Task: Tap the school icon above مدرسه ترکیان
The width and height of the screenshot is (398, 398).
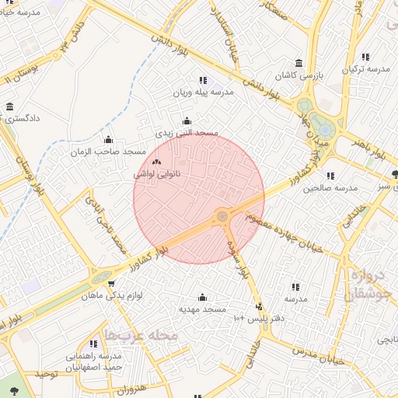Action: [x=365, y=57]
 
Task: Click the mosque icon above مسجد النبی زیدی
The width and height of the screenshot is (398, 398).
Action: [x=186, y=121]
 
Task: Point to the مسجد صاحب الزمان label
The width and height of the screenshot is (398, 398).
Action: [x=108, y=150]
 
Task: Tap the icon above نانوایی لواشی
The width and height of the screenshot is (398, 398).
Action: [x=157, y=163]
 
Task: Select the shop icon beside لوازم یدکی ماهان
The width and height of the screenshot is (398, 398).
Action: [x=112, y=284]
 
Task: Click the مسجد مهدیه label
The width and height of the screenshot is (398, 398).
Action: [x=202, y=309]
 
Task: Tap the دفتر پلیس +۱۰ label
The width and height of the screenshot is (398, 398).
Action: [x=260, y=318]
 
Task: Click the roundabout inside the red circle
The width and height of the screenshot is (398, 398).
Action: [x=222, y=215]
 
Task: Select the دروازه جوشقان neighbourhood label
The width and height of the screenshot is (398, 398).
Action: [x=365, y=285]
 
